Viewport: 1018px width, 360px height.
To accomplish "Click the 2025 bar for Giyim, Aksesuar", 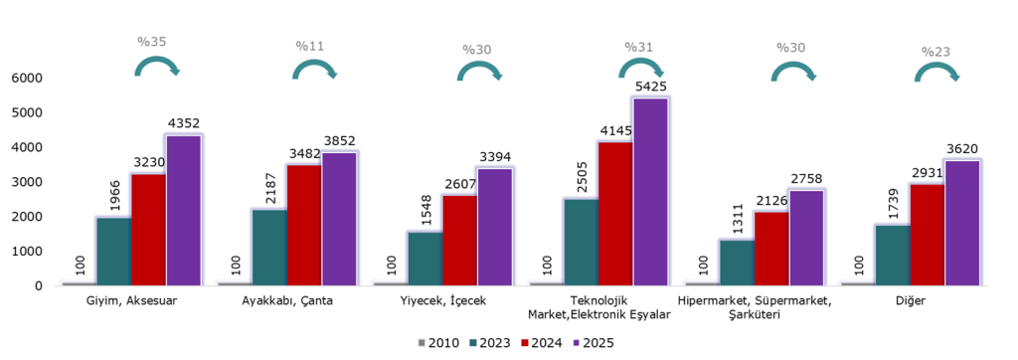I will point(183,211).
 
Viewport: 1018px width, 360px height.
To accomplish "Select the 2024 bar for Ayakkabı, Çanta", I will point(304,226).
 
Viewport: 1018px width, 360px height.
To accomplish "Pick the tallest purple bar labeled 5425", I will point(650,192).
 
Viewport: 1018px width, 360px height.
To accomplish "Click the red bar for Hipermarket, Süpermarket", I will point(770,249).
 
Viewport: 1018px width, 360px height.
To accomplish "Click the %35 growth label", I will point(152,42).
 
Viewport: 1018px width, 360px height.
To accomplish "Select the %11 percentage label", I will point(308,46).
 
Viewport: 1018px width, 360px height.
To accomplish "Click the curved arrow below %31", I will point(639,69).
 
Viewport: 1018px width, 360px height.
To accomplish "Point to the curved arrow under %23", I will point(935,74).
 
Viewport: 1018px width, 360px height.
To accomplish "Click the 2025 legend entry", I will point(593,343).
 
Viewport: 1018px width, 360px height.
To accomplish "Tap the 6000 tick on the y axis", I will point(26,79).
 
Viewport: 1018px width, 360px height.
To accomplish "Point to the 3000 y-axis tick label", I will point(26,182).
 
